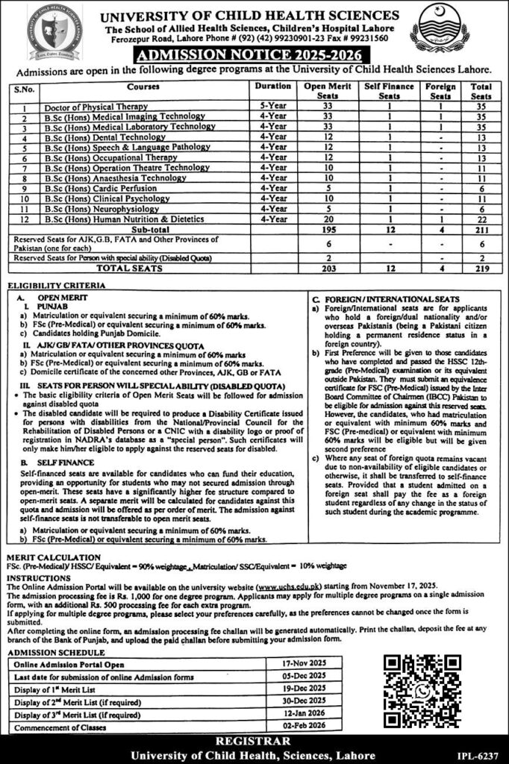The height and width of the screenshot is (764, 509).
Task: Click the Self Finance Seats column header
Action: (x=388, y=91)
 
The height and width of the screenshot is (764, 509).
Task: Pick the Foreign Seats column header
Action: (x=440, y=91)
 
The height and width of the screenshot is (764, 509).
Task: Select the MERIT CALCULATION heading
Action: (x=52, y=557)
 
